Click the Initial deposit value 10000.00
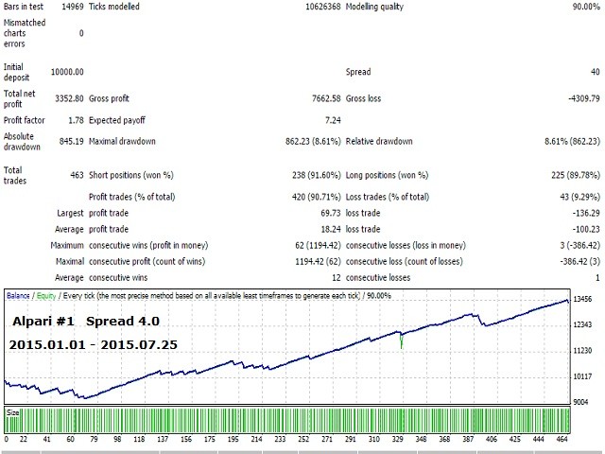pyautogui.click(x=65, y=72)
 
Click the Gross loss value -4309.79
pyautogui.click(x=579, y=96)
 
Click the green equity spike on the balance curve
pyautogui.click(x=402, y=340)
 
